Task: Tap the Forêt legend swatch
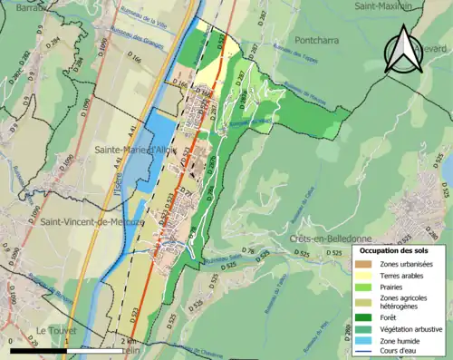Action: coord(364,316)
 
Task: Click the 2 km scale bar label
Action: coord(125,342)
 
